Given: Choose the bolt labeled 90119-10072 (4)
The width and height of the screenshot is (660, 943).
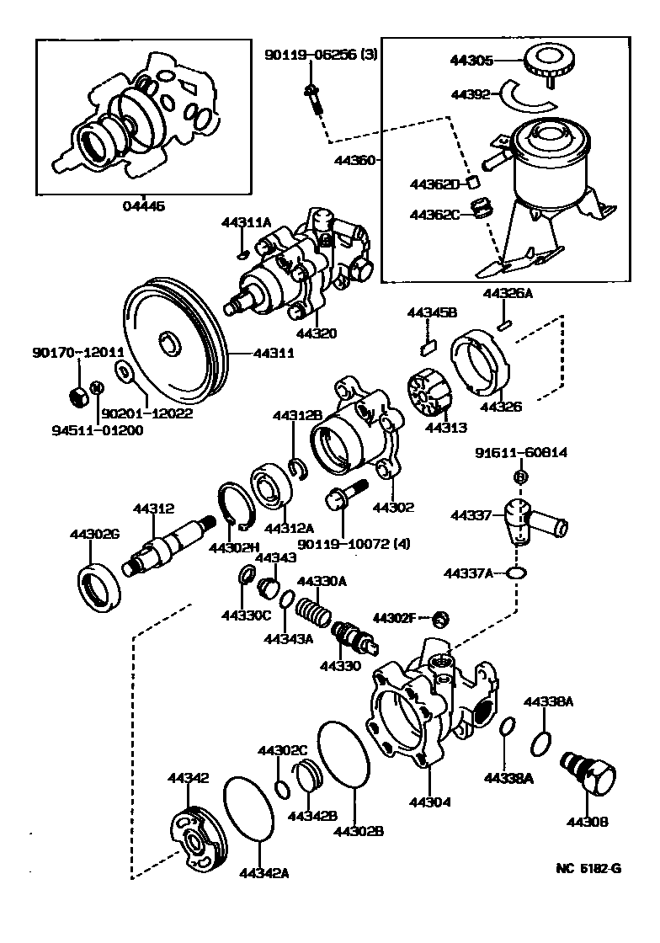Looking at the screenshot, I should coord(346,496).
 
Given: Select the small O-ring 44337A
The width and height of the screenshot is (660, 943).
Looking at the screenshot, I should coord(519,573).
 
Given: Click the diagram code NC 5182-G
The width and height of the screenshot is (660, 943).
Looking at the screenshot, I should coord(585,870).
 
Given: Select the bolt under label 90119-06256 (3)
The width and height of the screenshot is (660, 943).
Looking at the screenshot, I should coord(314,102).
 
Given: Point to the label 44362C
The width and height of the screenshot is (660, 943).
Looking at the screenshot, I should coord(434,215).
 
